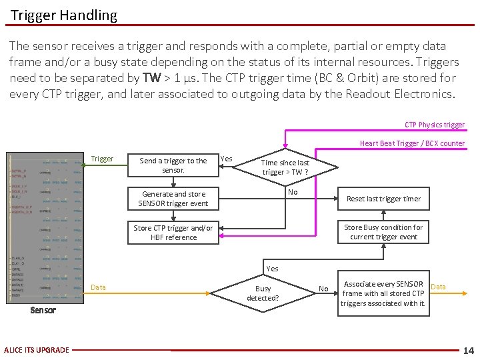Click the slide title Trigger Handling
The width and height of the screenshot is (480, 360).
(64, 15)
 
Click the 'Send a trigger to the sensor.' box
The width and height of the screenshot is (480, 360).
(173, 165)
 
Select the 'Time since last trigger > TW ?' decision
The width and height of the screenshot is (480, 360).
(285, 167)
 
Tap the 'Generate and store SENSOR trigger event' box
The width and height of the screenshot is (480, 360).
(173, 199)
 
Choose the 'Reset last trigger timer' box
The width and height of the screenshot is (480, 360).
(383, 199)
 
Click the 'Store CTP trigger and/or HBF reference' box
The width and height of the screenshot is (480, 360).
(173, 232)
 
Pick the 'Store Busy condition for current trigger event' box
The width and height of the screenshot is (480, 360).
(383, 232)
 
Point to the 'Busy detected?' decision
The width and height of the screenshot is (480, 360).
(263, 293)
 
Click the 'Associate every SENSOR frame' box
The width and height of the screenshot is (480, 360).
(383, 293)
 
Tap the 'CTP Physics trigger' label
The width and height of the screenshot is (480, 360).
(435, 125)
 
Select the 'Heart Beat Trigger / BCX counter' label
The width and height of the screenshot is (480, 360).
(412, 143)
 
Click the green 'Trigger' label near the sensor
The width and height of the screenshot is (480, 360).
(102, 159)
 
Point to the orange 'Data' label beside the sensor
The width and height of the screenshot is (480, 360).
(98, 287)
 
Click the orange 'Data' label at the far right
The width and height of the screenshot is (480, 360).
(439, 287)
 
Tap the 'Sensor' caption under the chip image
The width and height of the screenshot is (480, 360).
(43, 310)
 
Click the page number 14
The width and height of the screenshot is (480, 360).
(468, 350)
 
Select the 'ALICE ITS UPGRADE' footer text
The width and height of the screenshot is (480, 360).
(36, 350)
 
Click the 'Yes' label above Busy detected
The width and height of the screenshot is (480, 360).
(272, 269)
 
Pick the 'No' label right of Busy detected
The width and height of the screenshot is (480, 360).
(323, 289)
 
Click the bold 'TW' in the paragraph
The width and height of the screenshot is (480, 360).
(152, 77)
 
